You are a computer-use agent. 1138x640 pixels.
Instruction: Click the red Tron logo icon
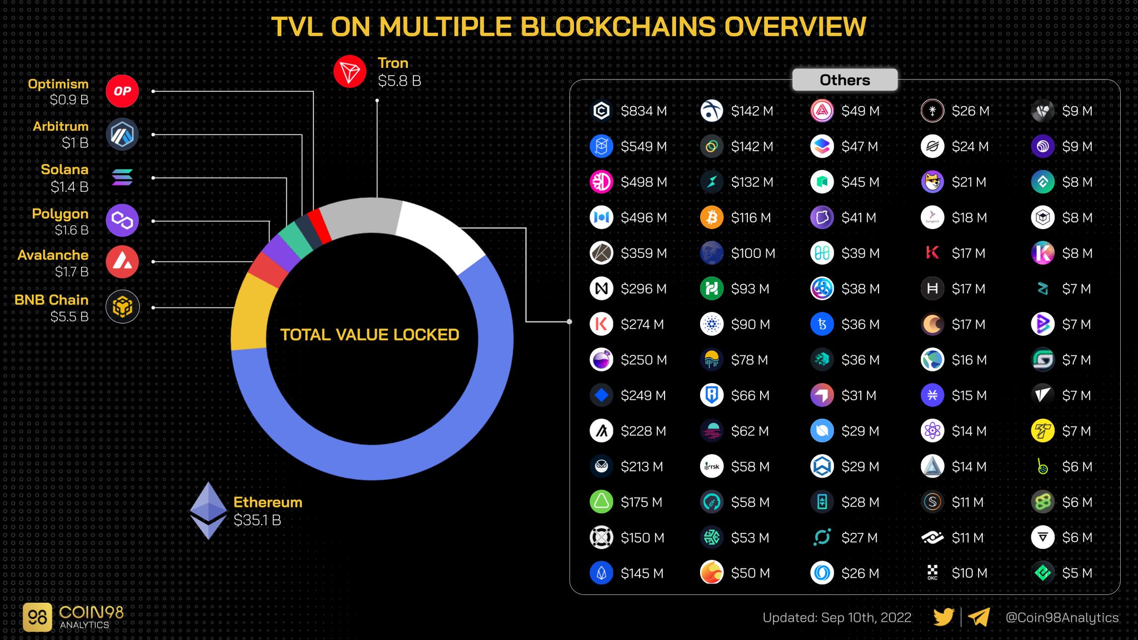pyautogui.click(x=350, y=72)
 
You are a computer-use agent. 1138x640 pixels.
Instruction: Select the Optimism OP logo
pyautogui.click(x=122, y=91)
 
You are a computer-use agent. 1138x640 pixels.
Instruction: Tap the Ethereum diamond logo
pyautogui.click(x=208, y=510)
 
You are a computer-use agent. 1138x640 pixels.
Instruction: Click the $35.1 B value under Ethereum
pyautogui.click(x=257, y=520)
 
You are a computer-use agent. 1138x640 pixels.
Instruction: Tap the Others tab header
pyautogui.click(x=844, y=80)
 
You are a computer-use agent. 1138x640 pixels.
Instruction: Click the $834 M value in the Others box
pyautogui.click(x=643, y=111)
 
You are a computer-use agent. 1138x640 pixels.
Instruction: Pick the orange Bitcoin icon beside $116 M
pyautogui.click(x=711, y=217)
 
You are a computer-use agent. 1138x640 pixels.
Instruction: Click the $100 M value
pyautogui.click(x=752, y=254)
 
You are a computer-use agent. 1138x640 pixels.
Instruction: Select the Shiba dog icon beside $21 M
pyautogui.click(x=932, y=182)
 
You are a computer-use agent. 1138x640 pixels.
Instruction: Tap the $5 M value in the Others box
pyautogui.click(x=1076, y=573)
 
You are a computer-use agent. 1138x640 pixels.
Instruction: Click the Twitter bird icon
pyautogui.click(x=943, y=617)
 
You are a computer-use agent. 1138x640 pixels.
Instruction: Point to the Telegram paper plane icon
pyautogui.click(x=979, y=617)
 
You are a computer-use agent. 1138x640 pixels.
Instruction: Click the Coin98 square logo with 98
pyautogui.click(x=37, y=617)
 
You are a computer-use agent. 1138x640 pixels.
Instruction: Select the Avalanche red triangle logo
pyautogui.click(x=122, y=262)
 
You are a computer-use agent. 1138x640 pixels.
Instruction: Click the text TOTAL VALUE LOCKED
pyautogui.click(x=370, y=335)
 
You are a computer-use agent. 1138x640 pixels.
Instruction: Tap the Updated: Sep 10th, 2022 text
pyautogui.click(x=836, y=618)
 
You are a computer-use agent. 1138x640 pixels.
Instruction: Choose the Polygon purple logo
pyautogui.click(x=122, y=220)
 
